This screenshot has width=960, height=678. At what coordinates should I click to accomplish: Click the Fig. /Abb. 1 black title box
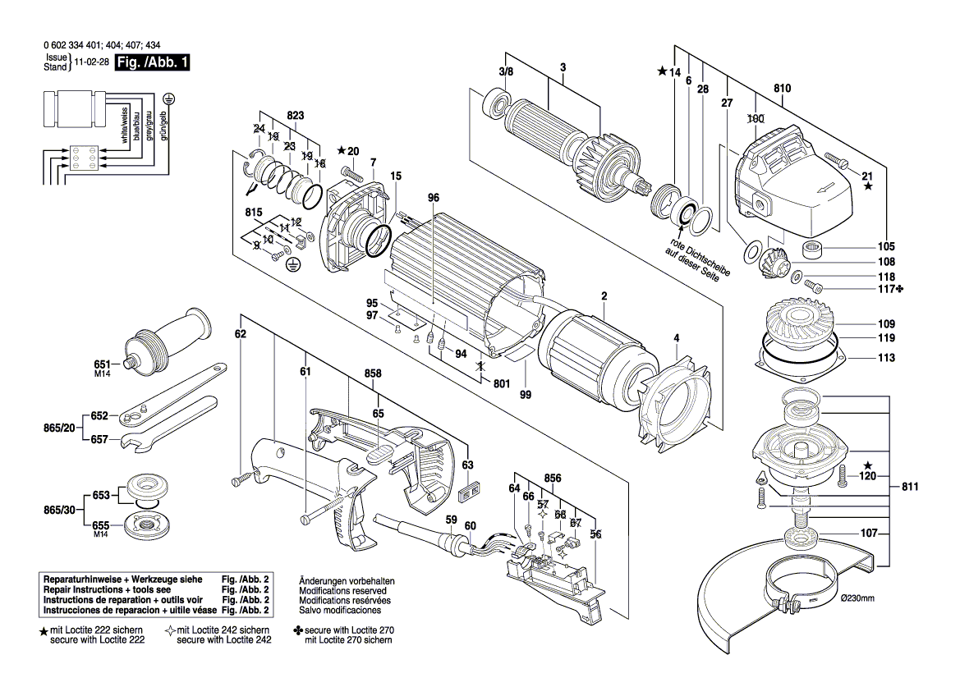coord(153,62)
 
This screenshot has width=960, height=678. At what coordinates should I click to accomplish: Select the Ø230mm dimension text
coord(857,598)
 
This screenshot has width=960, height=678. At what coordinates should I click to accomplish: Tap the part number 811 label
coord(909,487)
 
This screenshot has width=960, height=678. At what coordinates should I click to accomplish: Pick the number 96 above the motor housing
coord(434,198)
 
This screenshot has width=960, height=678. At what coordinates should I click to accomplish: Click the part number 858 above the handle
coord(374,373)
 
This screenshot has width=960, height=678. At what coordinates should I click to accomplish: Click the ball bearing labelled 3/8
coord(497,105)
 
